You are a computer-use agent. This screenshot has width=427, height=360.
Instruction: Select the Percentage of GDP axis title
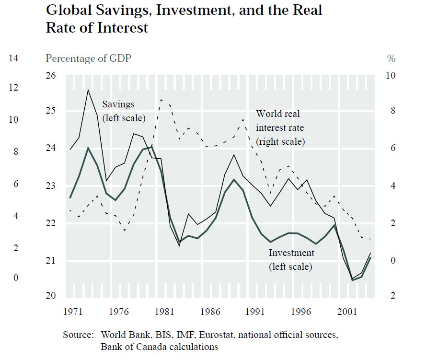tap(88, 58)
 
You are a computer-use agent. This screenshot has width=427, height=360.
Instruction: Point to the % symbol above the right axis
tap(391, 58)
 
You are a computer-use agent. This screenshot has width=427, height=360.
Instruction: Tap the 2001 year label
tap(347, 312)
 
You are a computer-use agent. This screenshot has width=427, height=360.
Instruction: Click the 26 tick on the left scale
tap(51, 76)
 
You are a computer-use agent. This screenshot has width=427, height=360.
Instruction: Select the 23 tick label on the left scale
tap(51, 186)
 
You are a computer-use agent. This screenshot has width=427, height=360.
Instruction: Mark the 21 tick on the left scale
tap(51, 261)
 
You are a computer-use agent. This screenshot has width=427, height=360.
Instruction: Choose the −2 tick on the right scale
tap(391, 296)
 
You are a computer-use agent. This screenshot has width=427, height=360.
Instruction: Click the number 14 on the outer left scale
tap(13, 58)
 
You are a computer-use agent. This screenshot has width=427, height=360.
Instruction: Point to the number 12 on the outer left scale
tap(13, 88)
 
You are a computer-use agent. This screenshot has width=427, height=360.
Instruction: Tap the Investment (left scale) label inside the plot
tap(291, 259)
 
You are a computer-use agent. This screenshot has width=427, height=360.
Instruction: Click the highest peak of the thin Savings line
tap(88, 90)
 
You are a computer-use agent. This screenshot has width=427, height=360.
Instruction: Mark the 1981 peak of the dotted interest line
tap(162, 99)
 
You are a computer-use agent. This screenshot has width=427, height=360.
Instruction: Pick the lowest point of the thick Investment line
tap(353, 280)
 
